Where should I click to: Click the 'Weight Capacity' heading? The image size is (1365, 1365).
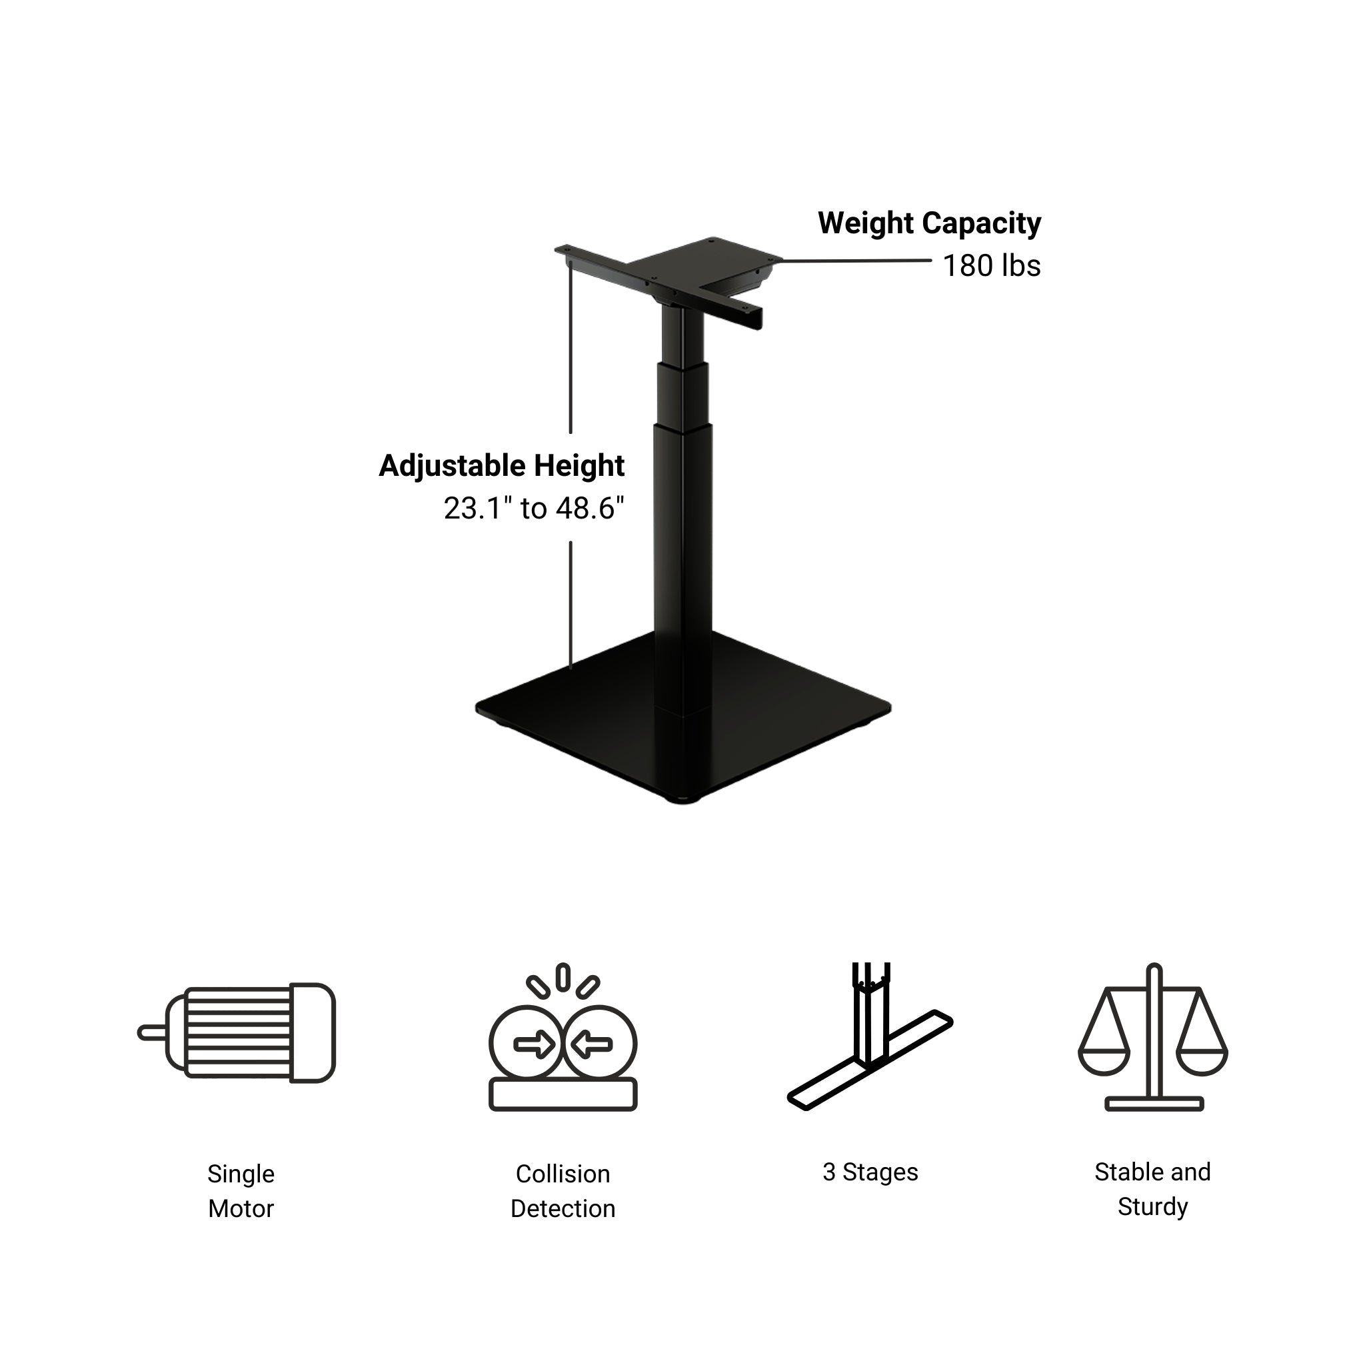tap(928, 223)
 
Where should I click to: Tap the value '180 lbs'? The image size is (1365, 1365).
tap(990, 267)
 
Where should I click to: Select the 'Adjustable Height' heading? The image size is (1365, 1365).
tap(501, 467)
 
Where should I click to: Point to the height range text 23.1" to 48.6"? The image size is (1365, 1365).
tap(533, 509)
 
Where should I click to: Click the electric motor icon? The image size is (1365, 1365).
tap(237, 1032)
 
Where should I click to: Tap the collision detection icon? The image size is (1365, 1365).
tap(563, 1036)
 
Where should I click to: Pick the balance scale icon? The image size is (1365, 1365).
tap(1152, 1036)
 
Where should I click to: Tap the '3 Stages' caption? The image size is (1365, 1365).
tap(870, 1172)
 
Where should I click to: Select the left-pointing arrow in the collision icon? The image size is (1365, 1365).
tap(592, 1044)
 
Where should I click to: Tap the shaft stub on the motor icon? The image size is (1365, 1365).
tap(151, 1033)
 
